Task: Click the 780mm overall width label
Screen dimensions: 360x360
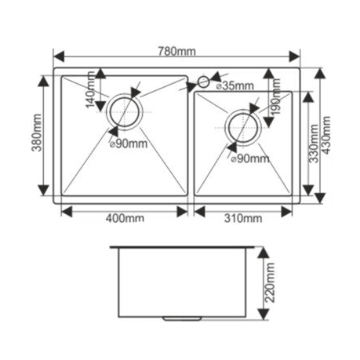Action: point(176,51)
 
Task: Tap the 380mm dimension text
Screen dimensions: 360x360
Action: point(37,133)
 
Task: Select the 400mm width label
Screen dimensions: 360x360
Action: point(125,218)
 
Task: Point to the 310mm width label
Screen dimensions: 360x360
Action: point(243,218)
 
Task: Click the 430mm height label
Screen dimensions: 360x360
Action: point(325,135)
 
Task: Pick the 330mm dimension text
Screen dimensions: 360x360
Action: point(313,144)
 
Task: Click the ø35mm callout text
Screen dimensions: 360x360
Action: point(235,85)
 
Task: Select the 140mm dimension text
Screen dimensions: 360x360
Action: point(90,89)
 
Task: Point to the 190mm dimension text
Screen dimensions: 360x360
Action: point(275,96)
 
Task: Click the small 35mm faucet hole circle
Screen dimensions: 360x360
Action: point(203,82)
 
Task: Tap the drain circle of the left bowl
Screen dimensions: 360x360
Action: point(124,112)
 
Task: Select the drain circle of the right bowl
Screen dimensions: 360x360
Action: point(243,127)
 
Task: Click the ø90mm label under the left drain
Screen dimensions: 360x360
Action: point(129,144)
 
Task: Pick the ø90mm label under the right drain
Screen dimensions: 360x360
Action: point(250,158)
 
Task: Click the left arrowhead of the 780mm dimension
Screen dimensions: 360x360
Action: point(59,56)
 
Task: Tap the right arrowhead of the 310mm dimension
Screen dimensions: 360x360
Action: point(286,212)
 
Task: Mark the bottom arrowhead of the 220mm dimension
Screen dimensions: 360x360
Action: point(264,315)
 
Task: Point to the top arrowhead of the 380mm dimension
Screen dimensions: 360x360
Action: point(43,81)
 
